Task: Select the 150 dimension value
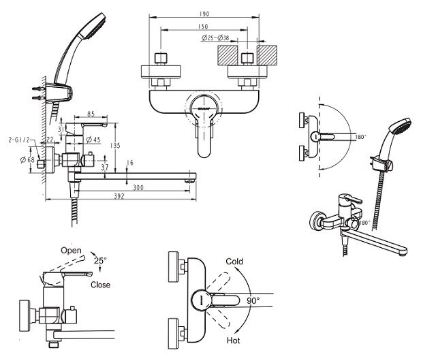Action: (x=202, y=27)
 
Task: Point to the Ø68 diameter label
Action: (x=28, y=159)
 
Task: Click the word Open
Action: (x=71, y=250)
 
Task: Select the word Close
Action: (x=100, y=285)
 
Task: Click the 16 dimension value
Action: (x=129, y=163)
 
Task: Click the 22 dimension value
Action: (x=50, y=140)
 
